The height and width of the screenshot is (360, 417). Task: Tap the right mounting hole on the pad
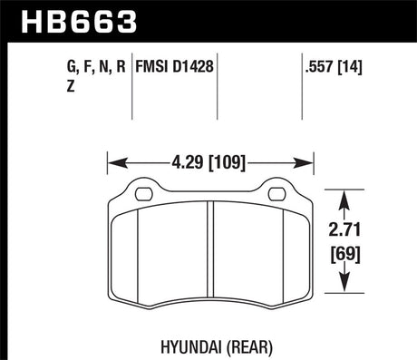point(275,192)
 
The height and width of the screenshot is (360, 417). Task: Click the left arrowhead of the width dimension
point(113,164)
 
